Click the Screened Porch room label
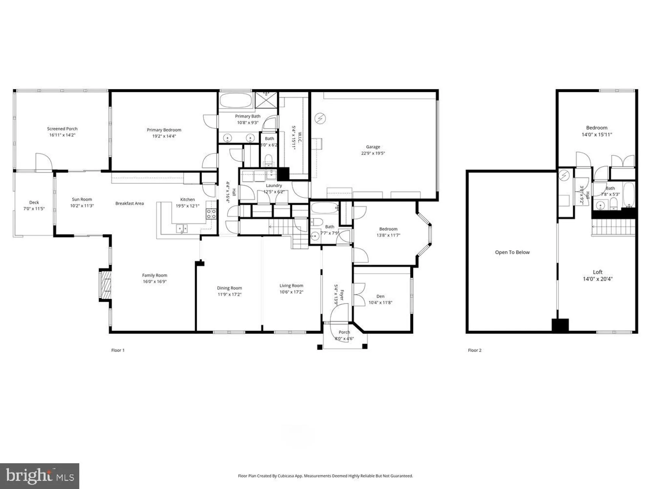[62, 129]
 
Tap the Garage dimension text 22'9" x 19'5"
[373, 153]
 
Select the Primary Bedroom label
[164, 130]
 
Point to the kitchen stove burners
[211, 214]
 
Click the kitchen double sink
[182, 229]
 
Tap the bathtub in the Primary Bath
[235, 100]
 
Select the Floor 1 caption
[118, 350]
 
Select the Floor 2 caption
[474, 350]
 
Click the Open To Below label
[512, 252]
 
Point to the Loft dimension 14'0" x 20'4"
[597, 279]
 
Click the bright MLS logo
[39, 476]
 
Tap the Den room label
[380, 296]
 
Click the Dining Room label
[229, 288]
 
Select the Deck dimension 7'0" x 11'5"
[34, 209]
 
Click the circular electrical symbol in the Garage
[320, 118]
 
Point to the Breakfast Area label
[129, 203]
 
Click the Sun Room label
[82, 199]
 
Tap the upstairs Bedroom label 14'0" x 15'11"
[596, 128]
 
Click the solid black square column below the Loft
[560, 325]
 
